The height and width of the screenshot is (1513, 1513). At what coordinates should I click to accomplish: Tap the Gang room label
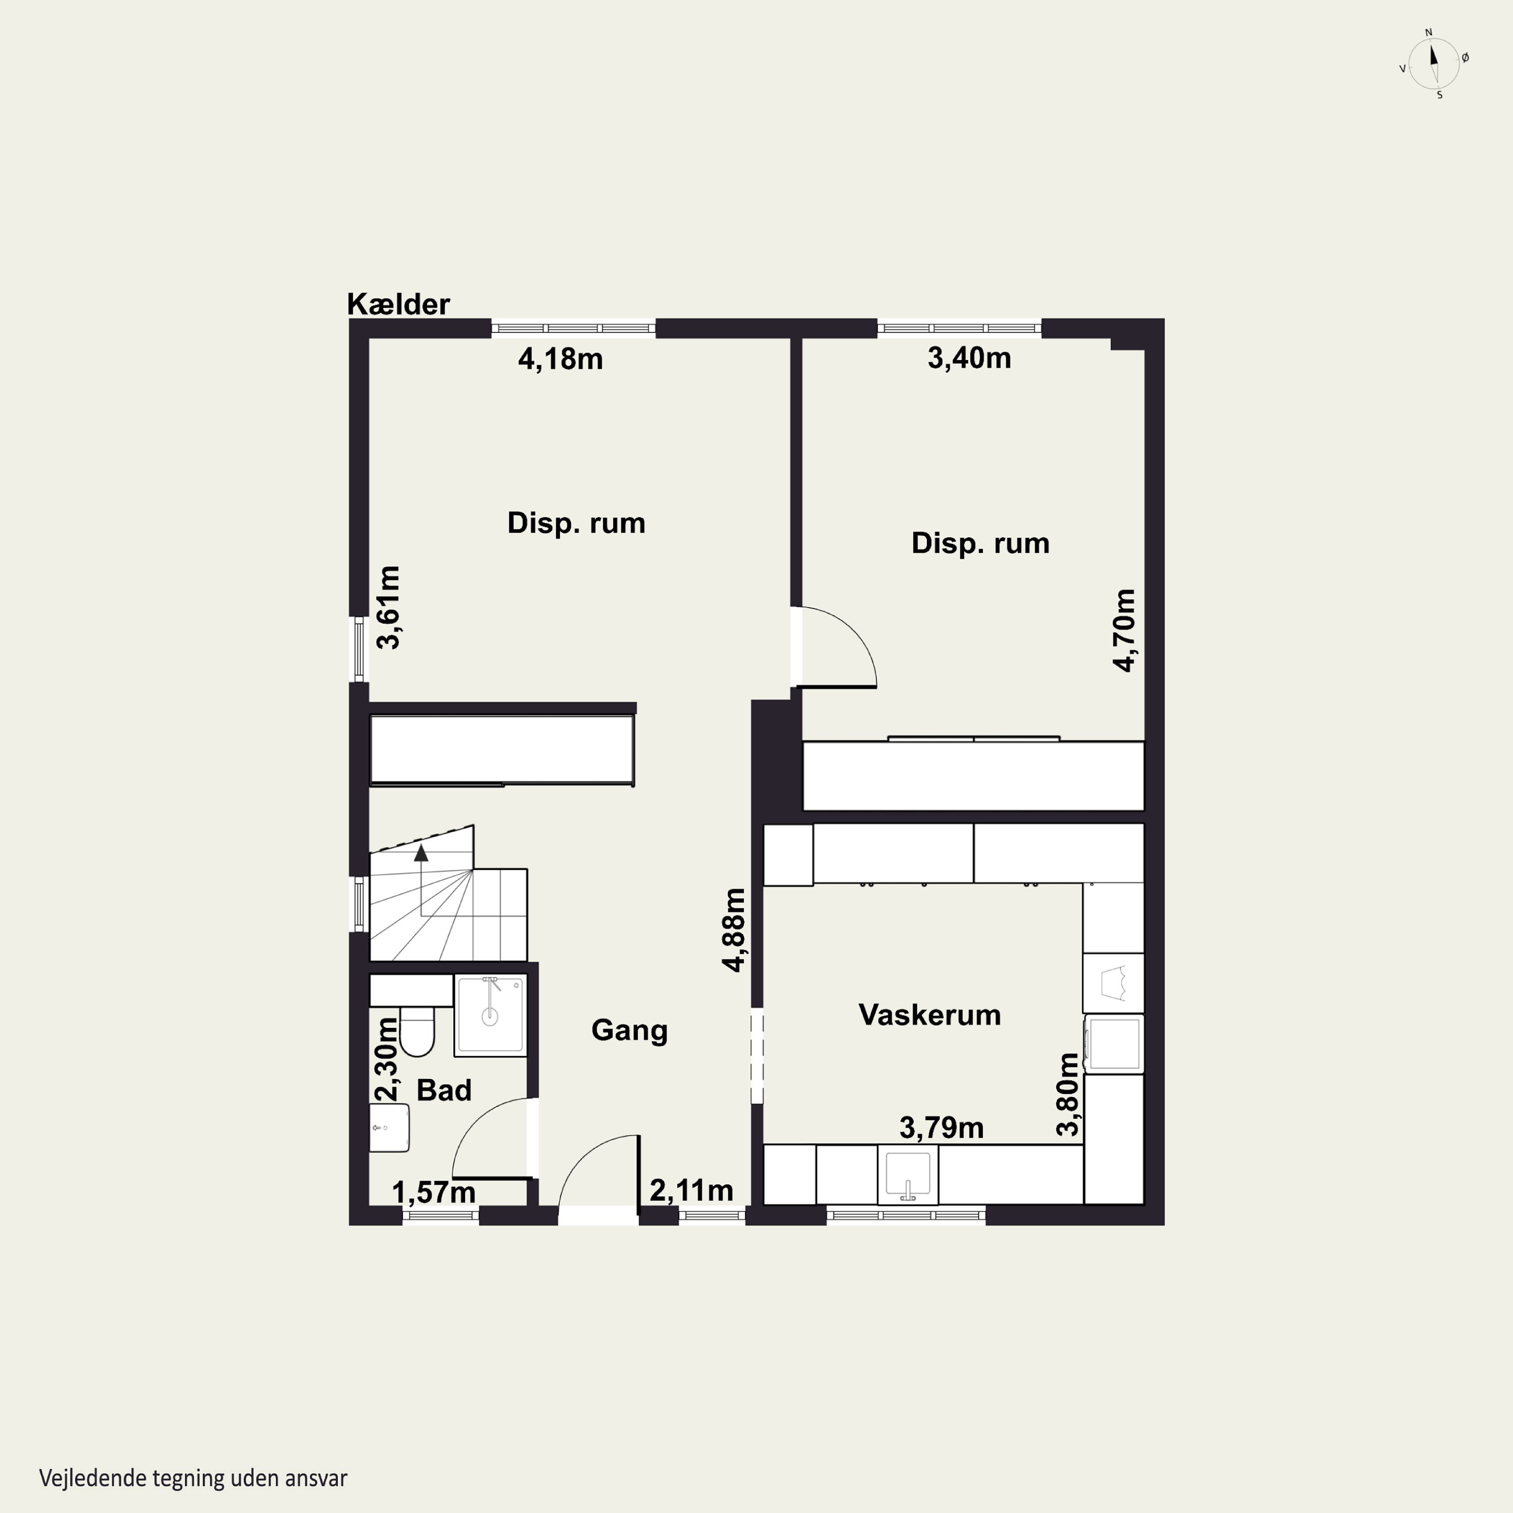pyautogui.click(x=629, y=1030)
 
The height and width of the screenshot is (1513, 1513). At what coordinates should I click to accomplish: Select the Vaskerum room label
pyautogui.click(x=929, y=1015)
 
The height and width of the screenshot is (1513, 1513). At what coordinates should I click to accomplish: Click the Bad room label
pyautogui.click(x=444, y=1090)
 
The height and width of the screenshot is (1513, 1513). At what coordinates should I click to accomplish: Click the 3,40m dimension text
pyautogui.click(x=969, y=359)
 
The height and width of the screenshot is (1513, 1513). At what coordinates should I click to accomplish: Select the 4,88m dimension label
pyautogui.click(x=734, y=929)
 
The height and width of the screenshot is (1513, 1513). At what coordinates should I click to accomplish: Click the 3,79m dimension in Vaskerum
pyautogui.click(x=941, y=1128)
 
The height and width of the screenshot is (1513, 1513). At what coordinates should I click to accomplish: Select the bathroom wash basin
pyautogui.click(x=389, y=1128)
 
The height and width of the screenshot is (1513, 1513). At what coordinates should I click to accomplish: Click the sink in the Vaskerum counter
pyautogui.click(x=908, y=1174)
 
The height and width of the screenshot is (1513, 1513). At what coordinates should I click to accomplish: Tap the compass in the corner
pyautogui.click(x=1434, y=64)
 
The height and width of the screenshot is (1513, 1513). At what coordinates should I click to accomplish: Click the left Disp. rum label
pyautogui.click(x=576, y=523)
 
